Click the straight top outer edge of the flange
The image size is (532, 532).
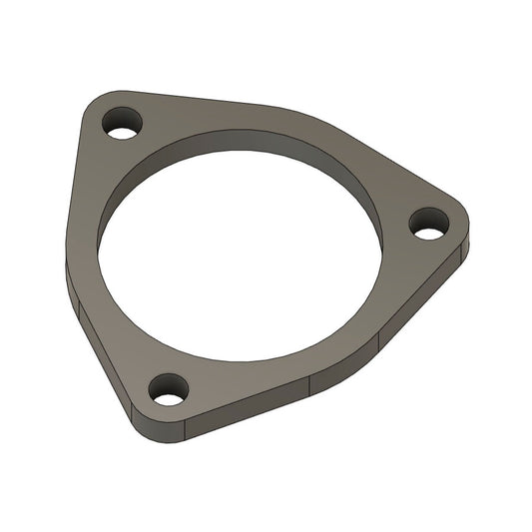pos(200,99)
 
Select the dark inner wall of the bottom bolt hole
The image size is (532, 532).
pos(168,384)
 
